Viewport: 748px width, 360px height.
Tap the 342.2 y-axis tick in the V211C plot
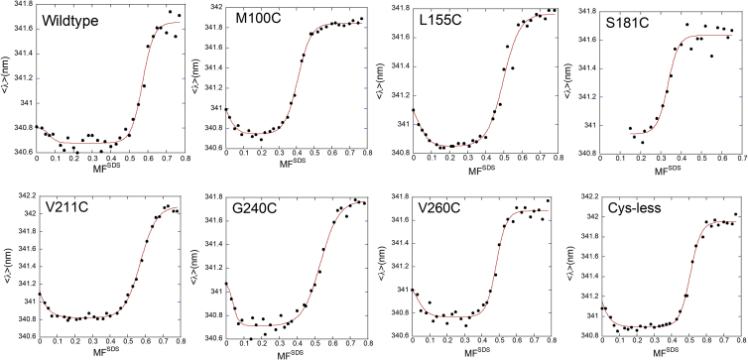[20, 195]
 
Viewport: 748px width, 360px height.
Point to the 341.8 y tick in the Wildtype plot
[20, 5]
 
